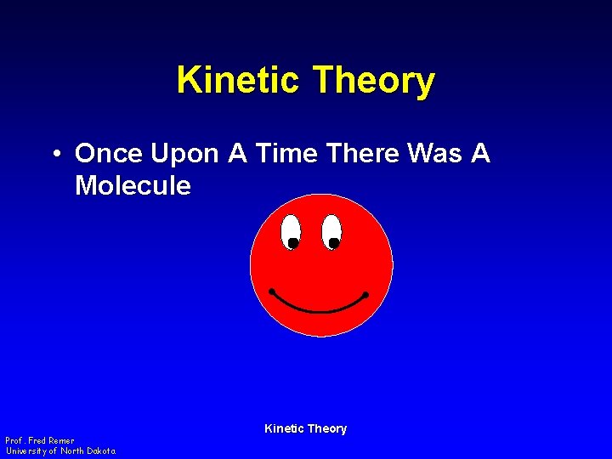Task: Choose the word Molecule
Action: [x=133, y=185]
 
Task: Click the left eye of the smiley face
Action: [x=291, y=230]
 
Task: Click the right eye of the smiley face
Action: [x=331, y=230]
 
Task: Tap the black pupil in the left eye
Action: [x=292, y=243]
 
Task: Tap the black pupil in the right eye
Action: [x=334, y=243]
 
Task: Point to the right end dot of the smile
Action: [x=365, y=295]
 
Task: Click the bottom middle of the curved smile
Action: [x=318, y=311]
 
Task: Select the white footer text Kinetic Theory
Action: [x=305, y=428]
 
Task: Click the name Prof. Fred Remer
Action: [x=40, y=440]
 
